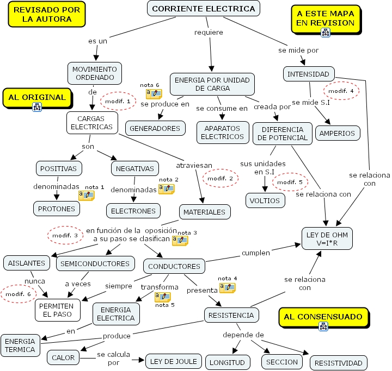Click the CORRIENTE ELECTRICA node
coord(204,9)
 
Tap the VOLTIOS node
coord(265,200)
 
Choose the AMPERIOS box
coord(338,133)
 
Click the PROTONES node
coord(56,208)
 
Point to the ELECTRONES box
coord(133,211)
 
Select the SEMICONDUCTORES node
coord(95,263)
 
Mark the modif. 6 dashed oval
coord(18,294)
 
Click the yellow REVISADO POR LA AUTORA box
coord(47,15)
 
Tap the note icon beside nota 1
coord(86,195)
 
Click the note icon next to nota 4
coord(227,288)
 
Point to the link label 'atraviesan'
coord(194,165)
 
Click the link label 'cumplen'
coord(255,253)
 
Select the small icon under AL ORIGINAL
coord(38,107)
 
